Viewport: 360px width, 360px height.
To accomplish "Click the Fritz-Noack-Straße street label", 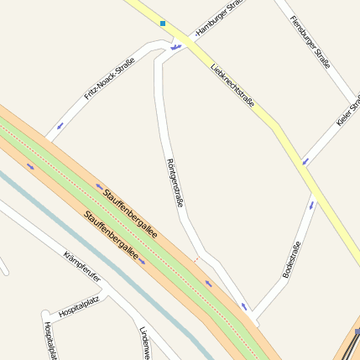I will (109, 83).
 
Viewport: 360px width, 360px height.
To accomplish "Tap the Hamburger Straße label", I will (219, 18).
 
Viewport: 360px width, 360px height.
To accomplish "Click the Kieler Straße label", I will (347, 109).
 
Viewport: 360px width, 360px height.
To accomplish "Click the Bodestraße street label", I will (291, 259).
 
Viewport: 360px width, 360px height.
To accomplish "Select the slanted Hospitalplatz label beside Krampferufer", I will (79, 307).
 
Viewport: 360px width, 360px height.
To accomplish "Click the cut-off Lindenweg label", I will (144, 342).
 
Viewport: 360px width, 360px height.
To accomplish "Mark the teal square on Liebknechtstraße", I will (163, 23).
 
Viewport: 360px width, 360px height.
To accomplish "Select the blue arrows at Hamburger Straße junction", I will (175, 47).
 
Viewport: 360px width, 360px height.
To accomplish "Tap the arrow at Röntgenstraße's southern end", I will (244, 307).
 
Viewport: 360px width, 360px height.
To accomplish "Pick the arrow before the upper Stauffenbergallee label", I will (98, 186).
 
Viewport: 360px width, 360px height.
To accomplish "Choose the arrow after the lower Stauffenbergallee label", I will (143, 261).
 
